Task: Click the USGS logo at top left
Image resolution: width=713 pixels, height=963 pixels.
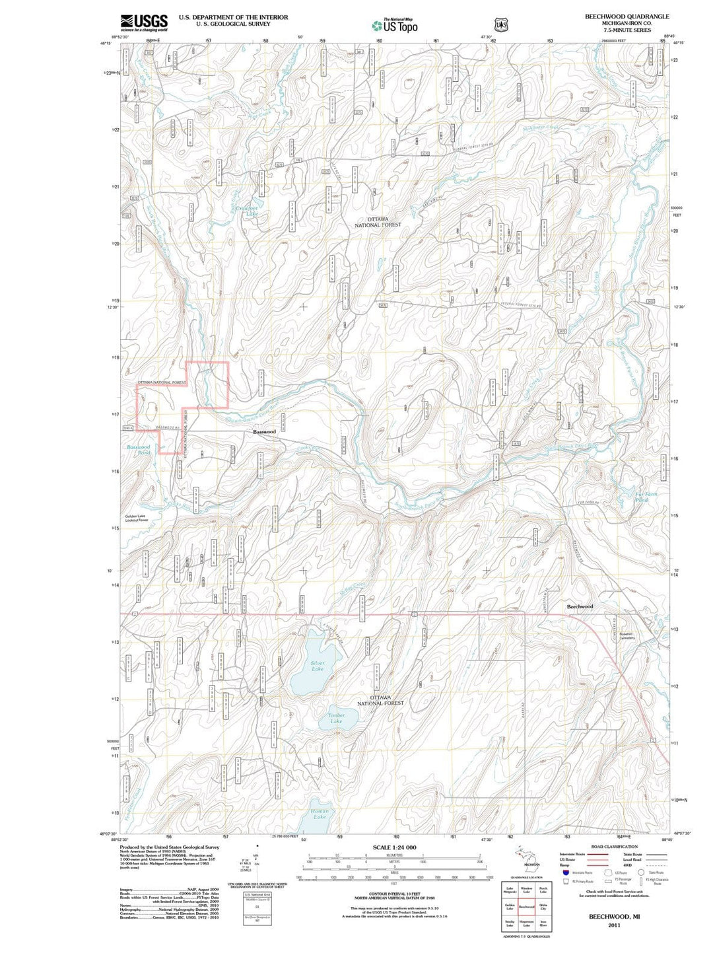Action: coord(144,22)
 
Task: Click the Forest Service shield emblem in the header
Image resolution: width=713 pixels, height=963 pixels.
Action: coord(502,24)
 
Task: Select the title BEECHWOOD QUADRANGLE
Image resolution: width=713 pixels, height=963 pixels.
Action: coord(627,17)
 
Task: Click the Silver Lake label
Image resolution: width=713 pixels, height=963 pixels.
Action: coord(318,666)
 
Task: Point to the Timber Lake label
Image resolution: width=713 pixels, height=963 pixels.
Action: coord(337,718)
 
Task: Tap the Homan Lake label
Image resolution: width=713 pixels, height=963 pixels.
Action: coord(320,814)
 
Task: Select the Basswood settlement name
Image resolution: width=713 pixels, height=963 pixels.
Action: coord(264,431)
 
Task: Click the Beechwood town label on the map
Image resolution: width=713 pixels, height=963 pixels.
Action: coord(580,606)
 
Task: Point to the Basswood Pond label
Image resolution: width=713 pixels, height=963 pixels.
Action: coord(139,450)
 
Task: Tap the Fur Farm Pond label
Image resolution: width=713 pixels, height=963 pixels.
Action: coord(646,497)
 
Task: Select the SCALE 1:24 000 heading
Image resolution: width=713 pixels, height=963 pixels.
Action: coord(394,847)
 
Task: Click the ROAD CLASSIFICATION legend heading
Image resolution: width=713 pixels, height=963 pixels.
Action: coord(614,846)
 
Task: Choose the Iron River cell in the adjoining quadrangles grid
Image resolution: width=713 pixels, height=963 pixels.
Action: coord(543,923)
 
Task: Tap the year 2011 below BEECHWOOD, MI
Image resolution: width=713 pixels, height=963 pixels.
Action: coord(614,925)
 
